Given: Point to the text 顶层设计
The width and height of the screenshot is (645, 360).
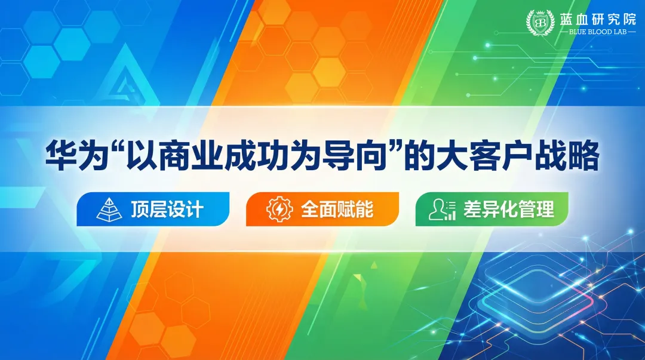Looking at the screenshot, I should pos(167,209).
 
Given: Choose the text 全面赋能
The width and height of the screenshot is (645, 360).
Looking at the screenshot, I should pos(337,209).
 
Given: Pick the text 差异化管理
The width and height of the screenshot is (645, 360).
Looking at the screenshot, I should pos(508,209).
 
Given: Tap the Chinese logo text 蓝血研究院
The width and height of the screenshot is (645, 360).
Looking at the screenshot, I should pos(589,18).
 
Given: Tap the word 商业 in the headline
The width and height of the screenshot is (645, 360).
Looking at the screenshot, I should pos(183,157).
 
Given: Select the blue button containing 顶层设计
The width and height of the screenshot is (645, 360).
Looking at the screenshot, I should pos(153,209).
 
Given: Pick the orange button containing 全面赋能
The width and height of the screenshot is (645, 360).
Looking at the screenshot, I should pos(322,209).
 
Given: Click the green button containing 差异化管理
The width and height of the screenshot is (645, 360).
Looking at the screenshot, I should pos(492,209).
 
